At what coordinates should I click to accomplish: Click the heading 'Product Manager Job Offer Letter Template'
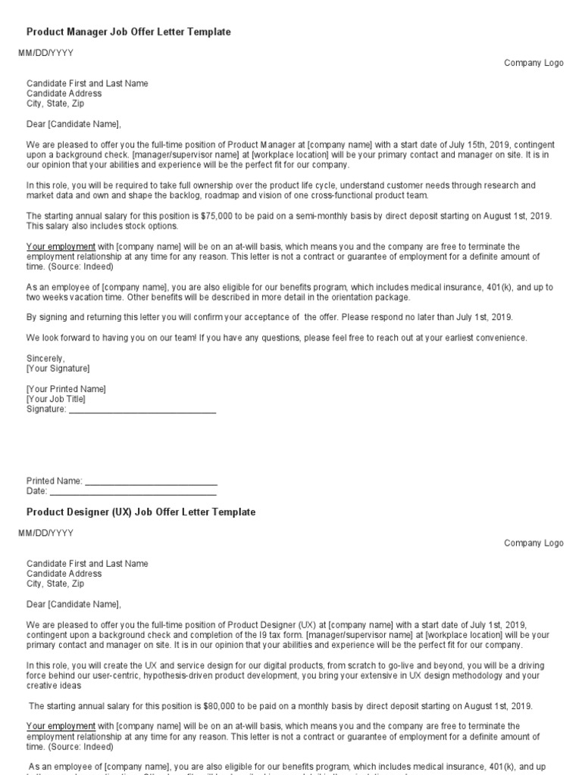(x=129, y=33)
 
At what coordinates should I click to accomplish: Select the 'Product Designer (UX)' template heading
(x=141, y=512)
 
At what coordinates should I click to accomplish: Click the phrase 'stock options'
(x=155, y=226)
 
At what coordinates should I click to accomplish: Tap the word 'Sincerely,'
(x=46, y=358)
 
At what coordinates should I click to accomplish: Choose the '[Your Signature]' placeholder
(x=58, y=369)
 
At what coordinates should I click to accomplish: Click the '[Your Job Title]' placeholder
(x=56, y=399)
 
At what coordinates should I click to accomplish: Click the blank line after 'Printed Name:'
(x=151, y=481)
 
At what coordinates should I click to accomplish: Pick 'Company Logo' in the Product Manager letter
(x=533, y=64)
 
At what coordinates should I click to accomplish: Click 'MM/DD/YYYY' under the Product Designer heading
(x=46, y=533)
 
